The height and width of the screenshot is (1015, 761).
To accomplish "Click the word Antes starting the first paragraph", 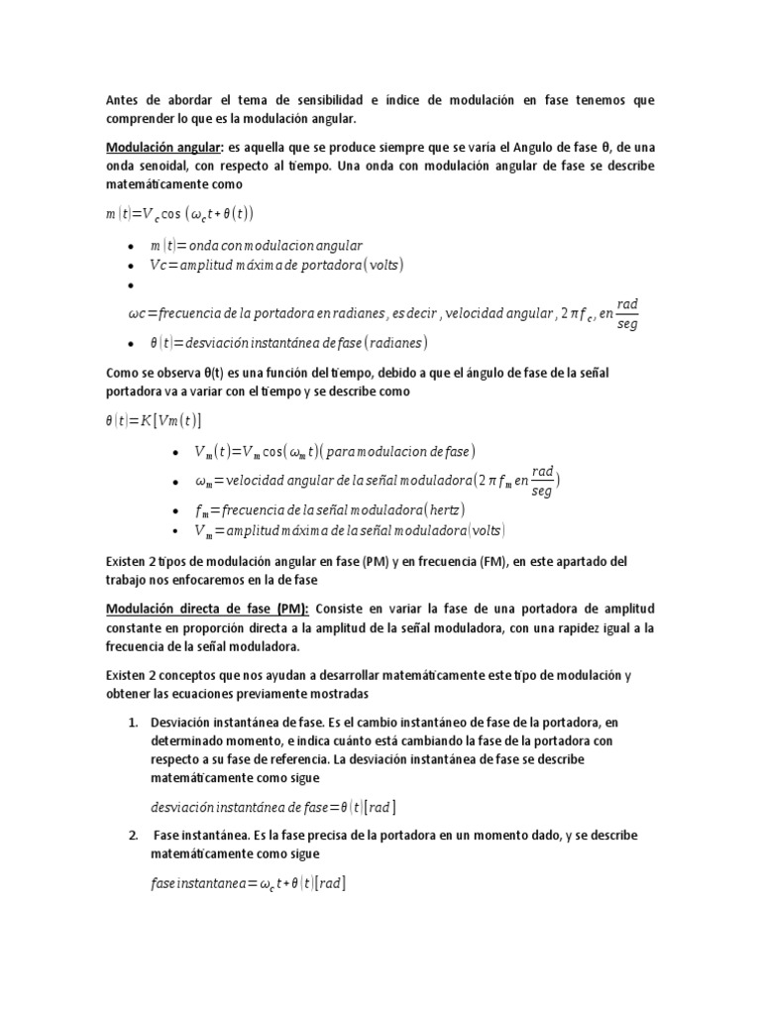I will coord(125,101).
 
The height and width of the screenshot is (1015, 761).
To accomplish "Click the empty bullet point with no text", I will coord(131,286).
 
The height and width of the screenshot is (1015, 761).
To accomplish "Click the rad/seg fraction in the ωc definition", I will coord(628,312).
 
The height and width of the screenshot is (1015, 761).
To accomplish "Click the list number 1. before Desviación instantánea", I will coord(133,722).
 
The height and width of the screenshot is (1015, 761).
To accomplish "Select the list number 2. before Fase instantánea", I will coord(133,836).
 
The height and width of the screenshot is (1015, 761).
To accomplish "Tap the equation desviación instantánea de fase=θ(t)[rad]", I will coord(274,807).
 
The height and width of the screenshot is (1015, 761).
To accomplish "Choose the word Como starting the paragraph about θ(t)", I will coord(122,372).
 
